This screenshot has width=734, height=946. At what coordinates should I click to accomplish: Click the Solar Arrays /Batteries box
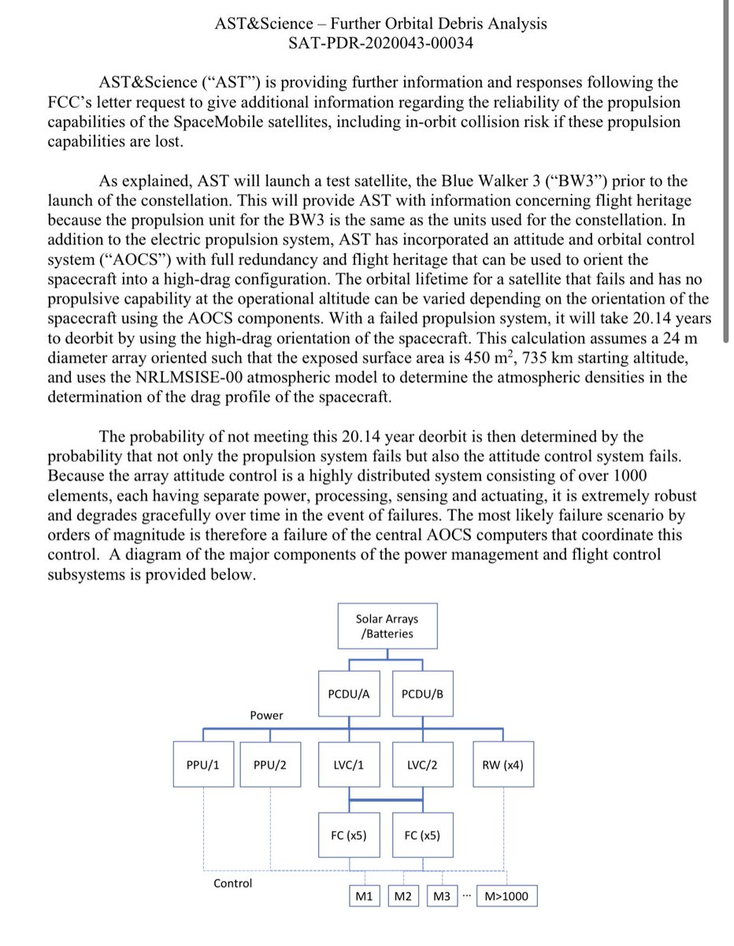tap(387, 626)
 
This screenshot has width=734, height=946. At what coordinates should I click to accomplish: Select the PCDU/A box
tap(349, 693)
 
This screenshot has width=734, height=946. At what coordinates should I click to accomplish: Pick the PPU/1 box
tap(203, 764)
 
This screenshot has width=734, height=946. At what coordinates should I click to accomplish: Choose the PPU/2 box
tap(270, 764)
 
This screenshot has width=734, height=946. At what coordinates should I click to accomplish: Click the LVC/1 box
tap(349, 764)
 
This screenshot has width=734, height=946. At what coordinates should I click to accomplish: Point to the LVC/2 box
tap(423, 764)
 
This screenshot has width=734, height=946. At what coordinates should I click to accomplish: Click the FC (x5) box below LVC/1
tap(349, 835)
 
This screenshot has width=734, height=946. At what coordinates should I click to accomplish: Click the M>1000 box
tap(508, 897)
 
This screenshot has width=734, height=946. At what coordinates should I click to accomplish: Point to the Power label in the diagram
tap(267, 715)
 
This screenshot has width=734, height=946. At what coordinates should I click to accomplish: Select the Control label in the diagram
tap(233, 883)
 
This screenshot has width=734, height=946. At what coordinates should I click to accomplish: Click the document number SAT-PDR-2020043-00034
tap(381, 43)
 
